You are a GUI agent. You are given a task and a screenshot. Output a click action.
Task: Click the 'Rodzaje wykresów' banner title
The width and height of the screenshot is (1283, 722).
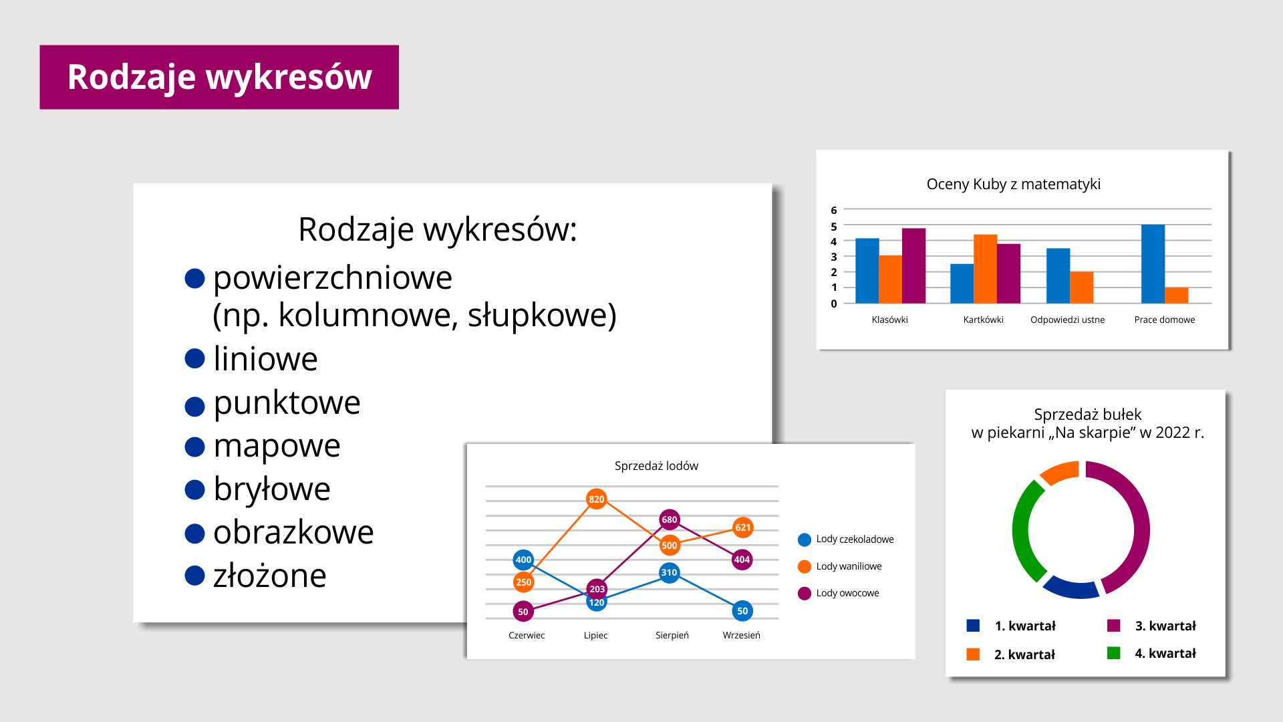pyautogui.click(x=219, y=77)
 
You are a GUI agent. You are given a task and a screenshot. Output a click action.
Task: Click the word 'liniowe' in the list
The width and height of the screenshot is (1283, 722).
pyautogui.click(x=265, y=359)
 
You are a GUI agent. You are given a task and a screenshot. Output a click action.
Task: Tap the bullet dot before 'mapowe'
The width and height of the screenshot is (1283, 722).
pyautogui.click(x=194, y=447)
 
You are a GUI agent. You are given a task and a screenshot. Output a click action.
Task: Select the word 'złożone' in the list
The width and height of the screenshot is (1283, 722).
pyautogui.click(x=270, y=576)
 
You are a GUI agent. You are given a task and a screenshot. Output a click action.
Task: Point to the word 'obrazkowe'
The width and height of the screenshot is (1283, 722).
pyautogui.click(x=293, y=532)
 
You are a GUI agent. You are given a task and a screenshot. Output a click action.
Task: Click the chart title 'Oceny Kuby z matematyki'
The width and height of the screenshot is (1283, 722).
pyautogui.click(x=1013, y=185)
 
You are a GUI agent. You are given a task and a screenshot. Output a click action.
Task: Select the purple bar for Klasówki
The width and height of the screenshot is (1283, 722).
pyautogui.click(x=913, y=265)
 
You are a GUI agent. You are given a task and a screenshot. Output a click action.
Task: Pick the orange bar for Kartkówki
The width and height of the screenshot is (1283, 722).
pyautogui.click(x=985, y=269)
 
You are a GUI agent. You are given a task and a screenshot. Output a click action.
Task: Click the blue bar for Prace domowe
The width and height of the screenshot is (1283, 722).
pyautogui.click(x=1153, y=264)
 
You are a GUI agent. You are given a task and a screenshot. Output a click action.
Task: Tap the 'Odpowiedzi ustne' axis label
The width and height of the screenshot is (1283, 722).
pyautogui.click(x=1067, y=320)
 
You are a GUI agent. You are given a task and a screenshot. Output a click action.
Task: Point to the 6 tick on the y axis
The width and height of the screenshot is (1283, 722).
pyautogui.click(x=834, y=210)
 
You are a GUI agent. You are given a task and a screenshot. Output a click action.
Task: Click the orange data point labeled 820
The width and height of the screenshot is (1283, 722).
pyautogui.click(x=596, y=499)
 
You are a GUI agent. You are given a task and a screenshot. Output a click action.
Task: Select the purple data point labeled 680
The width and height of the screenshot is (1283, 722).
pyautogui.click(x=669, y=519)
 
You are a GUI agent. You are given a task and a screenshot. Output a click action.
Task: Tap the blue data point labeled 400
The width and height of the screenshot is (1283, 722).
pyautogui.click(x=523, y=560)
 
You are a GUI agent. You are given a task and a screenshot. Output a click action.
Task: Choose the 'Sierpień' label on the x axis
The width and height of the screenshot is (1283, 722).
pyautogui.click(x=672, y=635)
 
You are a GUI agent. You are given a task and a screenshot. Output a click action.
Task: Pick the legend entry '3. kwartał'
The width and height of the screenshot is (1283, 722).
pyautogui.click(x=1151, y=626)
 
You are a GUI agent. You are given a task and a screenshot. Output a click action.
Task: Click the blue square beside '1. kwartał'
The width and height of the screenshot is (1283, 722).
pyautogui.click(x=973, y=626)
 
